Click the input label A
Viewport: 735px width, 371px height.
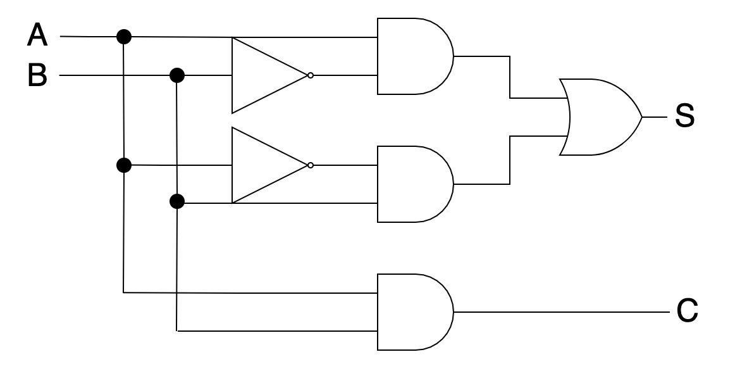pyautogui.click(x=37, y=36)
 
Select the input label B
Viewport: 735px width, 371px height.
pyautogui.click(x=37, y=76)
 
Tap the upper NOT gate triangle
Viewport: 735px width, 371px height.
pyautogui.click(x=266, y=75)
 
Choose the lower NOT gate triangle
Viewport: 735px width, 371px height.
pyautogui.click(x=266, y=165)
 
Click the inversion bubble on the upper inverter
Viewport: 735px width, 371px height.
pyautogui.click(x=310, y=75)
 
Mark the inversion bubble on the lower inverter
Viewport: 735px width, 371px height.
pyautogui.click(x=310, y=165)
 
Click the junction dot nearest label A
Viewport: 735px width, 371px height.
pyautogui.click(x=124, y=37)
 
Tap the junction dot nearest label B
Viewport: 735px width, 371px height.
pyautogui.click(x=178, y=76)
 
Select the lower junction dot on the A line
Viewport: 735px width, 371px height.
pyautogui.click(x=124, y=165)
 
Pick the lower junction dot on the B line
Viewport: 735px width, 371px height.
pyautogui.click(x=178, y=203)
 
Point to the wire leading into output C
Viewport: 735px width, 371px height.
pyautogui.click(x=563, y=312)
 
